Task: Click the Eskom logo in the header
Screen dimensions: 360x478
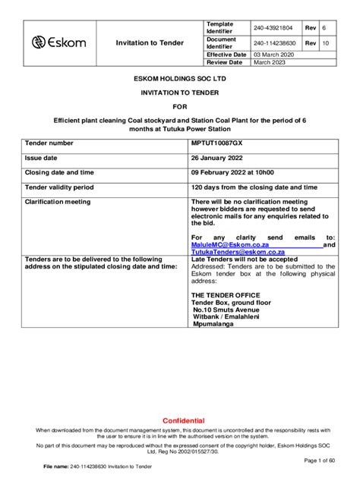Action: click(x=59, y=42)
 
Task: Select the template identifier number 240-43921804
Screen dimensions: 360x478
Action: click(x=274, y=28)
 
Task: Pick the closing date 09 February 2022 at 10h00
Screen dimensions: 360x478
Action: click(x=232, y=172)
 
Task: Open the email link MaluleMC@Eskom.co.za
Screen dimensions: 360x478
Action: click(x=230, y=245)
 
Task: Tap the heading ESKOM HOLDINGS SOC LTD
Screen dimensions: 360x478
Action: click(x=179, y=79)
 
